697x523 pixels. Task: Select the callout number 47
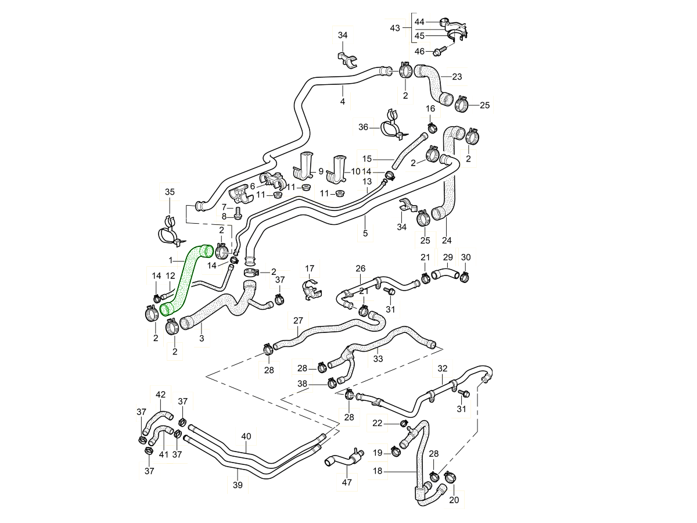pos(346,482)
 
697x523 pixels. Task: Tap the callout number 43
pos(395,28)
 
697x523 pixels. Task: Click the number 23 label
pos(457,76)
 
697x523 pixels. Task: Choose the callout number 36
pos(364,127)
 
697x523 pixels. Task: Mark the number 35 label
pos(169,192)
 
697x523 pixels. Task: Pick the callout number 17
pos(310,268)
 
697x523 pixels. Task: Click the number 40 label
pos(246,436)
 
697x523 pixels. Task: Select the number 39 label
pos(238,485)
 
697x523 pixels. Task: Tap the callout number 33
pos(378,359)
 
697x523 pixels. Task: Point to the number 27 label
pos(298,320)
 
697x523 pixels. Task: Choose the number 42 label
pos(160,395)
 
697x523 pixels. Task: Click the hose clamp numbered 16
pos(432,127)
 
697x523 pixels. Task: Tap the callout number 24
pos(446,240)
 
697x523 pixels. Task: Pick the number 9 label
pos(321,172)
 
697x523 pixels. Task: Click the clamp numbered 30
pos(465,277)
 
